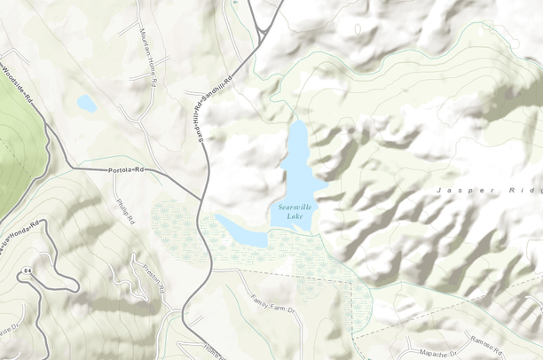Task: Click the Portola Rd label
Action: [125, 169]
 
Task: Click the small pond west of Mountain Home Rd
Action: [86, 104]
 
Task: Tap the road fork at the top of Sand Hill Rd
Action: [263, 31]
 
